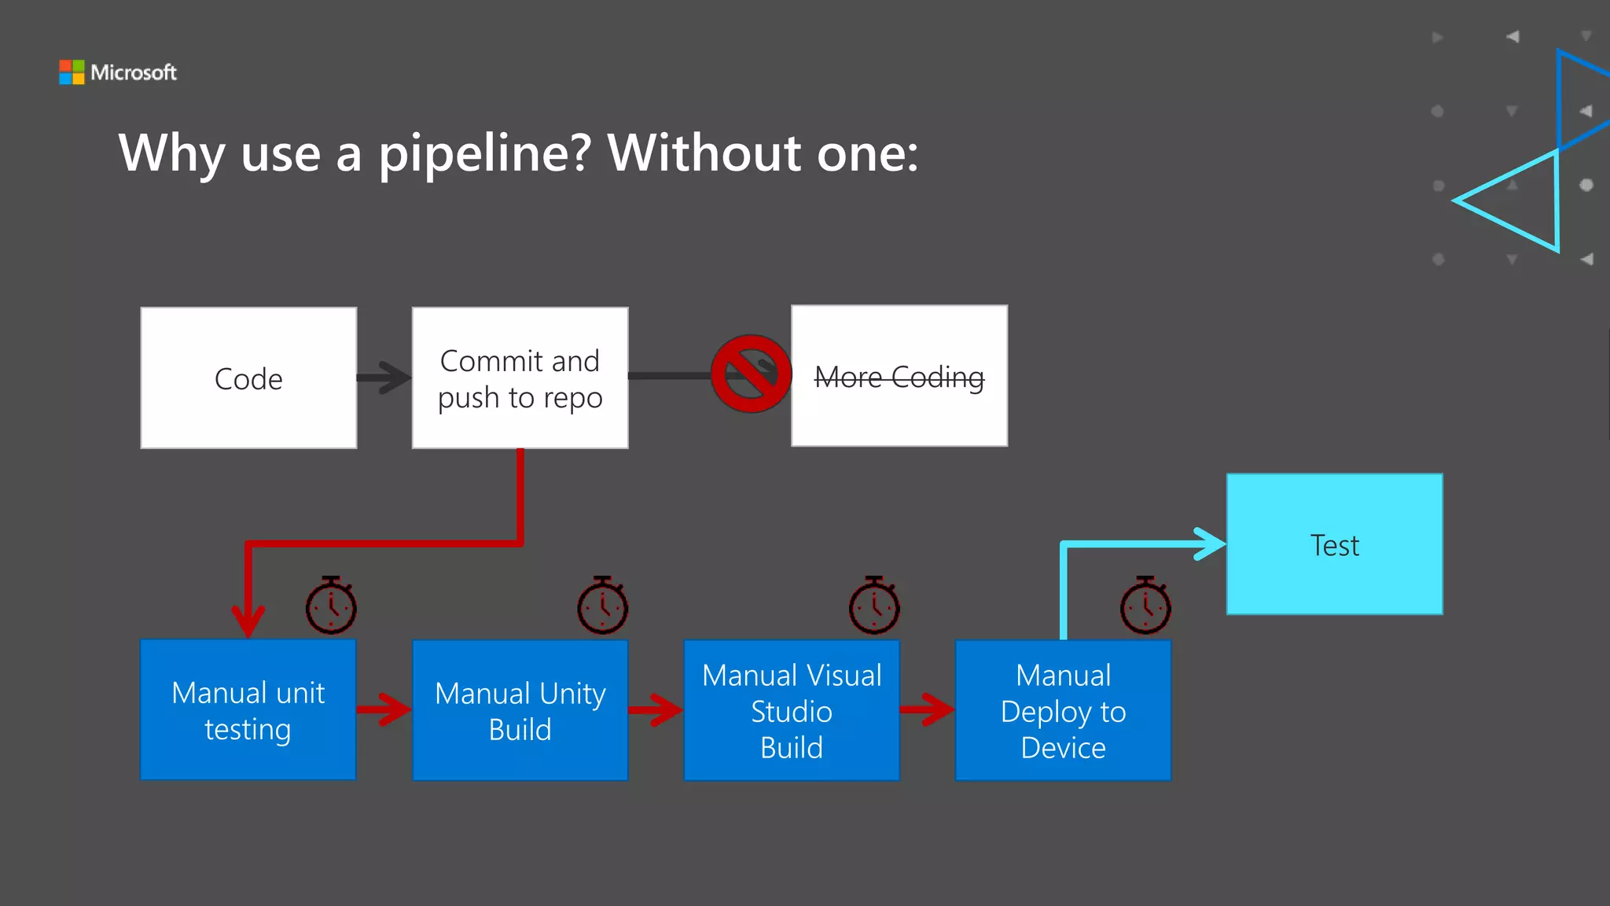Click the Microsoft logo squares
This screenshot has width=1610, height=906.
click(72, 72)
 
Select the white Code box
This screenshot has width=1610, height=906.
click(248, 378)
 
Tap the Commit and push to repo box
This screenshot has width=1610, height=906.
click(520, 378)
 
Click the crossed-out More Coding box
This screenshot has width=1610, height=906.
click(899, 376)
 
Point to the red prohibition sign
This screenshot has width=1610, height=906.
click(751, 374)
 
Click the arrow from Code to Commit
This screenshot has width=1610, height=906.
click(384, 377)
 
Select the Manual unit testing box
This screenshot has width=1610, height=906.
click(248, 710)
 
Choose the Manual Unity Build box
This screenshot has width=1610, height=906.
click(520, 710)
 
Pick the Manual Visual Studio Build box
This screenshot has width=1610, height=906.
click(792, 710)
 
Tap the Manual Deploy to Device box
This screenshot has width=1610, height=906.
click(1063, 710)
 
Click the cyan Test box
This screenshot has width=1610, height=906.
click(1334, 544)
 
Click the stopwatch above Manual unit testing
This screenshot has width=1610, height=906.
click(331, 606)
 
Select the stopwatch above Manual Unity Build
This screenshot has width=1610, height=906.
click(602, 606)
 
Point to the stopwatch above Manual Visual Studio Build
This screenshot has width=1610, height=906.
click(874, 606)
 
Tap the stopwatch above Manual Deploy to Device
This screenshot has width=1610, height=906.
click(1145, 606)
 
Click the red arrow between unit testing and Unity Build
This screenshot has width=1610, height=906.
click(384, 709)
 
